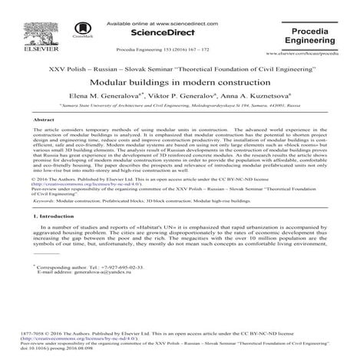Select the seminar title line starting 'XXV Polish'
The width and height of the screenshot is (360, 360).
pos(180,68)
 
